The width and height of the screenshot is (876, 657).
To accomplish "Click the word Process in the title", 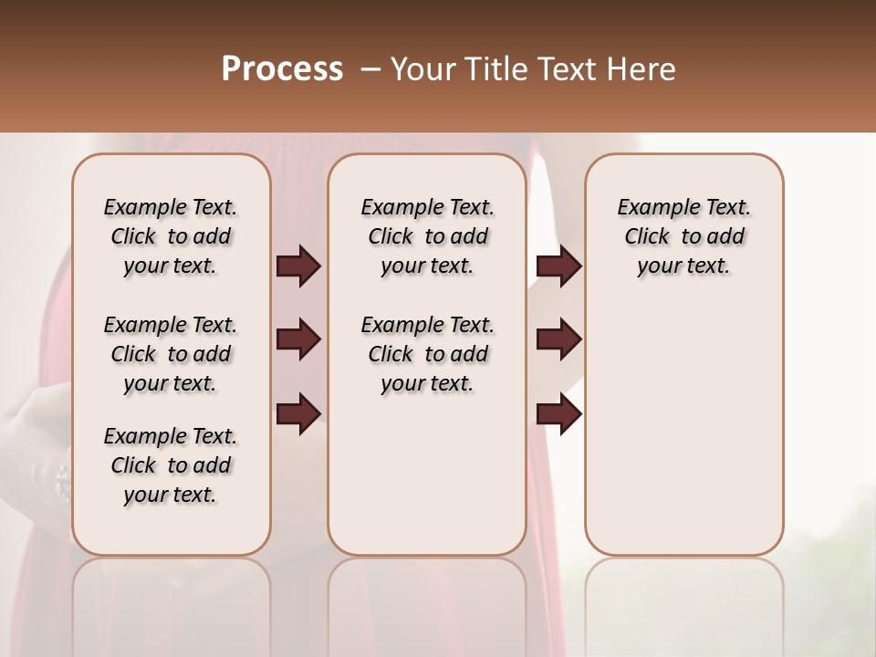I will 282,69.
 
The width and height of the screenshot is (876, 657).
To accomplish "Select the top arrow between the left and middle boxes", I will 298,266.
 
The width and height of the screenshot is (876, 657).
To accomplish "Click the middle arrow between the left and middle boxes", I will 298,339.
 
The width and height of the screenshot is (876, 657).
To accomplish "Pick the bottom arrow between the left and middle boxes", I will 298,414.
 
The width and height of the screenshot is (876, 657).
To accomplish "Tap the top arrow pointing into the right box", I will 558,266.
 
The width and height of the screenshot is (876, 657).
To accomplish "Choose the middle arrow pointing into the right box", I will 558,339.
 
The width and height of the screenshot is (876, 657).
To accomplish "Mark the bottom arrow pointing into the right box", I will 558,414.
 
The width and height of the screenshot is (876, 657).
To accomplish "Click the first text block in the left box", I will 171,236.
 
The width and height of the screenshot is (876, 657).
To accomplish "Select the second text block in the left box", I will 171,354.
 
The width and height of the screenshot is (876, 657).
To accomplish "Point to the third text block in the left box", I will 171,465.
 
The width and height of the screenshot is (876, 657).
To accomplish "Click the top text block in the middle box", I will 427,236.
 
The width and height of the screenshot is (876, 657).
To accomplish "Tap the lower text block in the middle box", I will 427,354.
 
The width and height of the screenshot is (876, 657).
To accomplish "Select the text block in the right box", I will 683,236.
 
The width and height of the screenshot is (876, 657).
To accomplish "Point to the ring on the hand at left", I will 63,481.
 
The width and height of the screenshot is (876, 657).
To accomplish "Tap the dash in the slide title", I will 370,69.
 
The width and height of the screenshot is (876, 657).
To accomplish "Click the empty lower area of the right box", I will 683,429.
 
